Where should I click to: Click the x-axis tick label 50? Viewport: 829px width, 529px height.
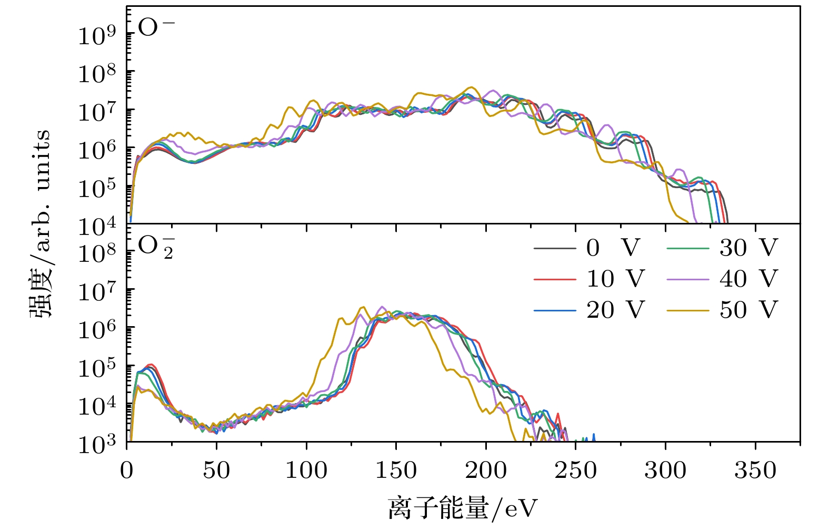click(216, 471)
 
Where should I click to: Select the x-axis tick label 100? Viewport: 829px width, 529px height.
click(306, 471)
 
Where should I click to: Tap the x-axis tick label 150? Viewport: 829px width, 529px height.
click(396, 471)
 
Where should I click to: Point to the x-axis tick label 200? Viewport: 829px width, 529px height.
click(485, 471)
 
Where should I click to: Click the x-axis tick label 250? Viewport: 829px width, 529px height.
click(575, 471)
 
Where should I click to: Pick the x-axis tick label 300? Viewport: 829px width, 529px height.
click(665, 471)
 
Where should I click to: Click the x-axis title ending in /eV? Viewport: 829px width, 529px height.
click(463, 508)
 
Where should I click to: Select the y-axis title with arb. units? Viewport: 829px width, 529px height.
click(40, 224)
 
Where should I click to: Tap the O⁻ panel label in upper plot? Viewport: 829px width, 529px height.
click(155, 27)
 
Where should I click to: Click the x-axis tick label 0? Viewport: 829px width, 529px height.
click(127, 471)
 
